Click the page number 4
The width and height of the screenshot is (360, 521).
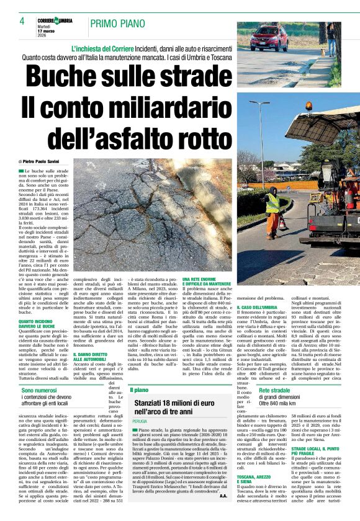tap(22, 21)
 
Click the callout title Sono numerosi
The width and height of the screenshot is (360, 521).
tap(39, 391)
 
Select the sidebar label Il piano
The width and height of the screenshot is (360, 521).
tap(139, 390)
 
